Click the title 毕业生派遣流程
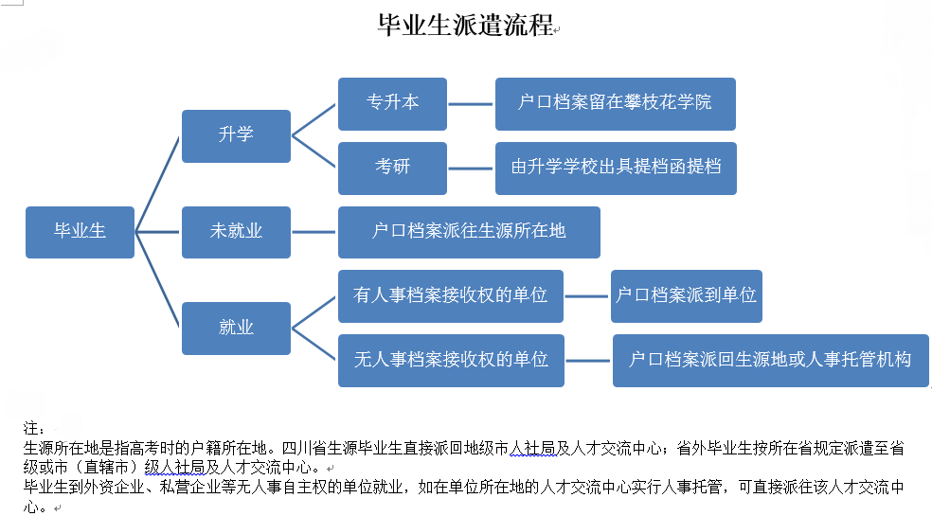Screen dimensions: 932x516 pos(465,26)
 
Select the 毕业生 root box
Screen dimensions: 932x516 pos(80,232)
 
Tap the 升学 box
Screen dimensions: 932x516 pos(236,136)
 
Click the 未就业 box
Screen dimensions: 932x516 pos(236,232)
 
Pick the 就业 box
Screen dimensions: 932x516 pos(236,329)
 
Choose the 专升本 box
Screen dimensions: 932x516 pos(392,104)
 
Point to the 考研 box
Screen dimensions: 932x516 pos(392,169)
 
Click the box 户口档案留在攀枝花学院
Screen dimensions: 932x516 pos(616,104)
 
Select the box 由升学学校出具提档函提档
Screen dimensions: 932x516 pos(616,169)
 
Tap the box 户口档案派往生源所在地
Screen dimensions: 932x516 pos(469,232)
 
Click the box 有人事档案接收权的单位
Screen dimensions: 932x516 pos(451,296)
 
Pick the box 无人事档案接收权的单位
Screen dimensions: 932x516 pos(451,361)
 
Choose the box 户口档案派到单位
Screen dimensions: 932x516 pos(687,296)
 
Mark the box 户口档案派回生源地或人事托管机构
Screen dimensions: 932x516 pos(771,361)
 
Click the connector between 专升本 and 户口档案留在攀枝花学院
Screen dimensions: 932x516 pos(471,104)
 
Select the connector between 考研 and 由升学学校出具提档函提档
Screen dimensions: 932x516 pos(471,169)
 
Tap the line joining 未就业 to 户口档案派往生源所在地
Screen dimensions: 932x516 pos(314,232)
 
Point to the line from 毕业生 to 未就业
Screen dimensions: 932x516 pos(157,232)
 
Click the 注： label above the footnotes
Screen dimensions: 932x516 pos(33,428)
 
